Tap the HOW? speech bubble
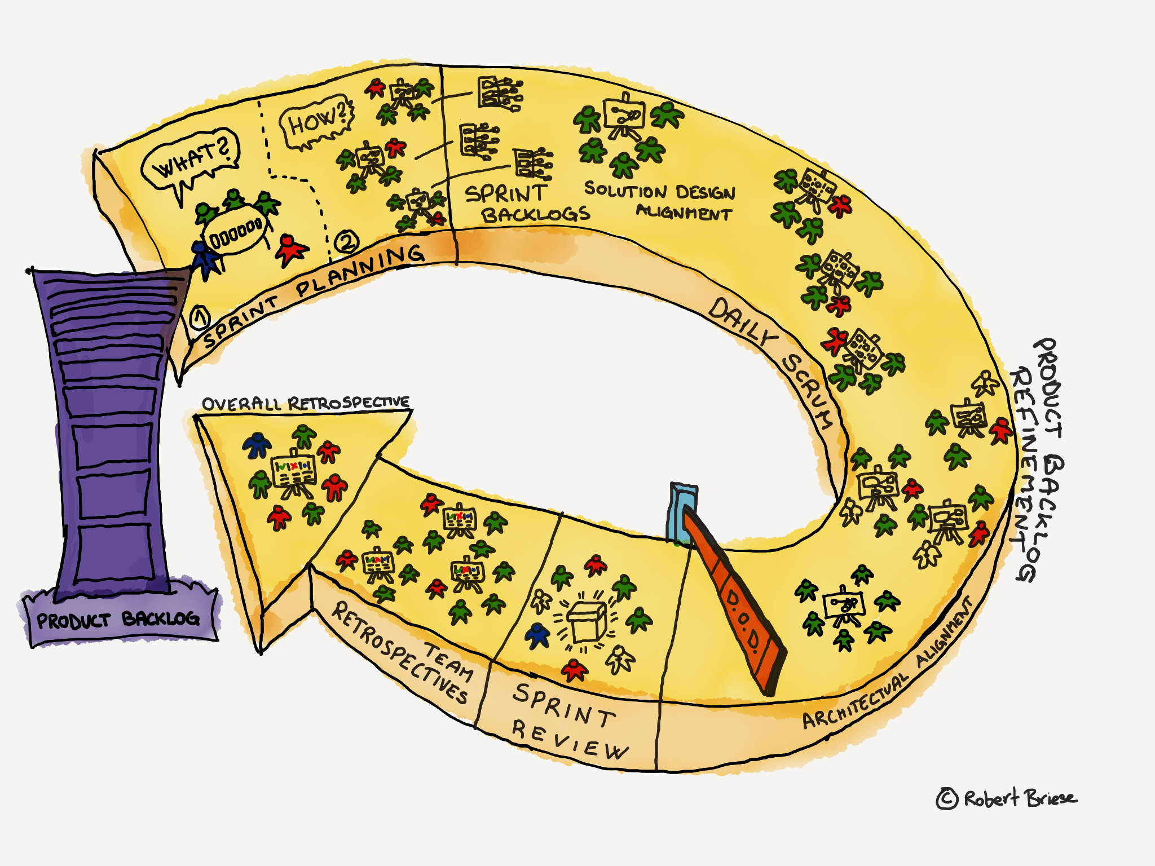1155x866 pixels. (x=316, y=122)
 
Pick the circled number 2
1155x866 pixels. (x=346, y=242)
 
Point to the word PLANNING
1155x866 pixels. (x=361, y=269)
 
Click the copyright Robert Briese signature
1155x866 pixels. (x=1006, y=798)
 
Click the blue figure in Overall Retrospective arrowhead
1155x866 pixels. (x=257, y=445)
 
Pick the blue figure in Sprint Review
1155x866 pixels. (x=537, y=634)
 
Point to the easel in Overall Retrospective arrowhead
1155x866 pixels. (x=293, y=474)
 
